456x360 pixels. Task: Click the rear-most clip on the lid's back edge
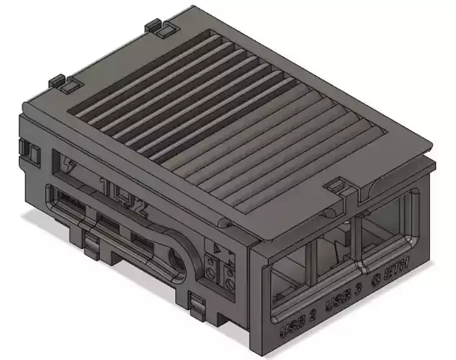162,28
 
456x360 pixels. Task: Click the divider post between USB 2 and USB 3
310,265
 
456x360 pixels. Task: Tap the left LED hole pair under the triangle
210,269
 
